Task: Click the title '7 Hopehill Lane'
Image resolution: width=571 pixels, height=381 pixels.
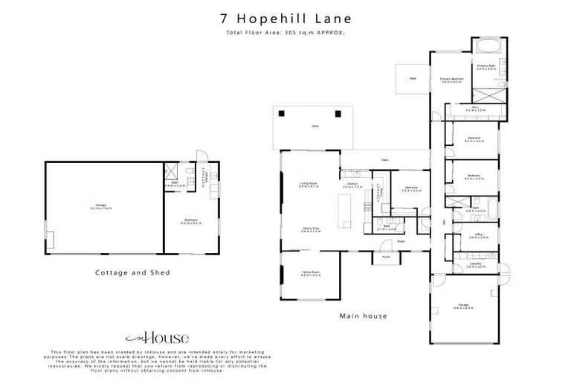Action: click(x=285, y=18)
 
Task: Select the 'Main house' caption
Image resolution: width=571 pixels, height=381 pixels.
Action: click(x=363, y=316)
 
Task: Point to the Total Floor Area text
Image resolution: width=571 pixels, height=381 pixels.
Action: click(x=285, y=33)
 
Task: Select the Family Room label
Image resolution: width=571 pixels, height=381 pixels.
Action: click(x=310, y=274)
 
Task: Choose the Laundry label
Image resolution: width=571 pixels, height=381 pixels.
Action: click(x=476, y=265)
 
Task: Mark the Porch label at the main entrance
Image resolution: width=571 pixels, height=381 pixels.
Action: click(x=386, y=257)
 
